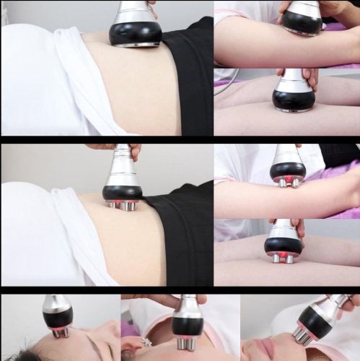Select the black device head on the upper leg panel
point(293,100)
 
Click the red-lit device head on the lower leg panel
point(284,246)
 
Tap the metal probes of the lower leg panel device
point(283,258)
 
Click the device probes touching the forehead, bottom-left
point(60,332)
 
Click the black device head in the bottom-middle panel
point(187,326)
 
